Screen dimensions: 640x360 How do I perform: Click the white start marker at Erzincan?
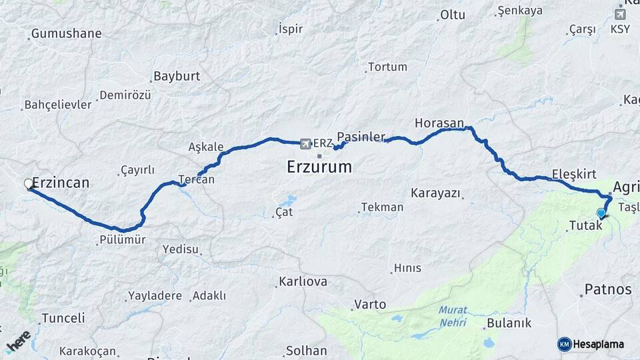point(29,183)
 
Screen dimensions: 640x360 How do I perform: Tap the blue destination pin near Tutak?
point(601,213)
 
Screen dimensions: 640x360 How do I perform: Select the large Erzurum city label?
point(319,167)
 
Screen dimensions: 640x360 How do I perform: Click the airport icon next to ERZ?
point(305,143)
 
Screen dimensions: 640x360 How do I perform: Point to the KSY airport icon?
point(620,13)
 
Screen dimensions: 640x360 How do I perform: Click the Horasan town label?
point(439,123)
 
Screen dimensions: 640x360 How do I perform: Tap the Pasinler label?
point(361,137)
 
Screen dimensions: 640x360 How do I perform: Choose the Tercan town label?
point(197,179)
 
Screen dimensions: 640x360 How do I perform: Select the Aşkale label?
point(205,146)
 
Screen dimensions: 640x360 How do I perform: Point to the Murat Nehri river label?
point(453,316)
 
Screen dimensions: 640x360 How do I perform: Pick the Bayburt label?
point(177,76)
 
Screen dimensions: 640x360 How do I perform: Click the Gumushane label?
point(67,33)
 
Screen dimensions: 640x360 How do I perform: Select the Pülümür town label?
point(123,239)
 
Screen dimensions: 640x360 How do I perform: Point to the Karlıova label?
point(303,281)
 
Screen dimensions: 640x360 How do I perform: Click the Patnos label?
point(607,289)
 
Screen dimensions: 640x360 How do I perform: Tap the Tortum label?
point(387,67)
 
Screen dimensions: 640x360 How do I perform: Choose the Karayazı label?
point(435,193)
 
